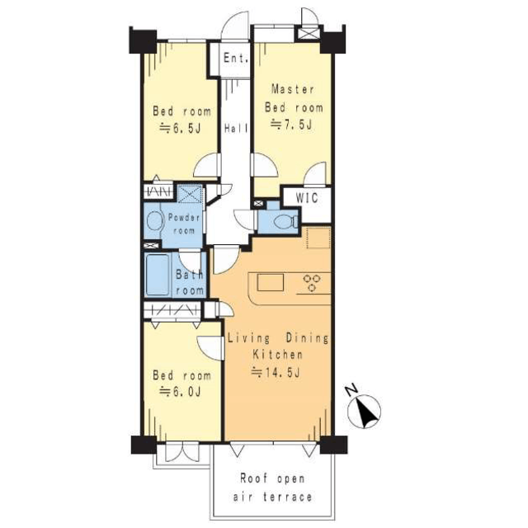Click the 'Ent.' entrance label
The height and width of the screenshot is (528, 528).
236,58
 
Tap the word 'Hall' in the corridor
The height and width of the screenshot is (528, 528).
236,129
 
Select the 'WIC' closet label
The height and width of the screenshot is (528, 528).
307,198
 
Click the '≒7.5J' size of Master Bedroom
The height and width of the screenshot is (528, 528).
291,125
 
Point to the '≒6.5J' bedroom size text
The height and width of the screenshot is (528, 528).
180,129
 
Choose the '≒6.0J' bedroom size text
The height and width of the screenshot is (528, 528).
180,392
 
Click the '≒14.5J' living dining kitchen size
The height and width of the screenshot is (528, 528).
276,372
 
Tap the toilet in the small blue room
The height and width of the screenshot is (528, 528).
285,222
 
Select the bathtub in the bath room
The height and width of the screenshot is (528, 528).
158,275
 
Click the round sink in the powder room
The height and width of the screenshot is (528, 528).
154,221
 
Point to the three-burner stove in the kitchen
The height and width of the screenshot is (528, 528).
312,283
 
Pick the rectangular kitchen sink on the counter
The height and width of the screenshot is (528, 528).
271,282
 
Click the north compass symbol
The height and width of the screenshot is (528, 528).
364,412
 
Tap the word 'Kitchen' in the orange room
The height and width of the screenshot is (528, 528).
278,355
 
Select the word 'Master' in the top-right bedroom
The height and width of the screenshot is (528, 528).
293,89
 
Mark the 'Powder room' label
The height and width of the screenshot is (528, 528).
183,224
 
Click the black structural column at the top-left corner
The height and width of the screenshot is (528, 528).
143,41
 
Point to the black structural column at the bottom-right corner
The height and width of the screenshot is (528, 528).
333,445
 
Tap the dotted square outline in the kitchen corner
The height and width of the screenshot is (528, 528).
318,238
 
